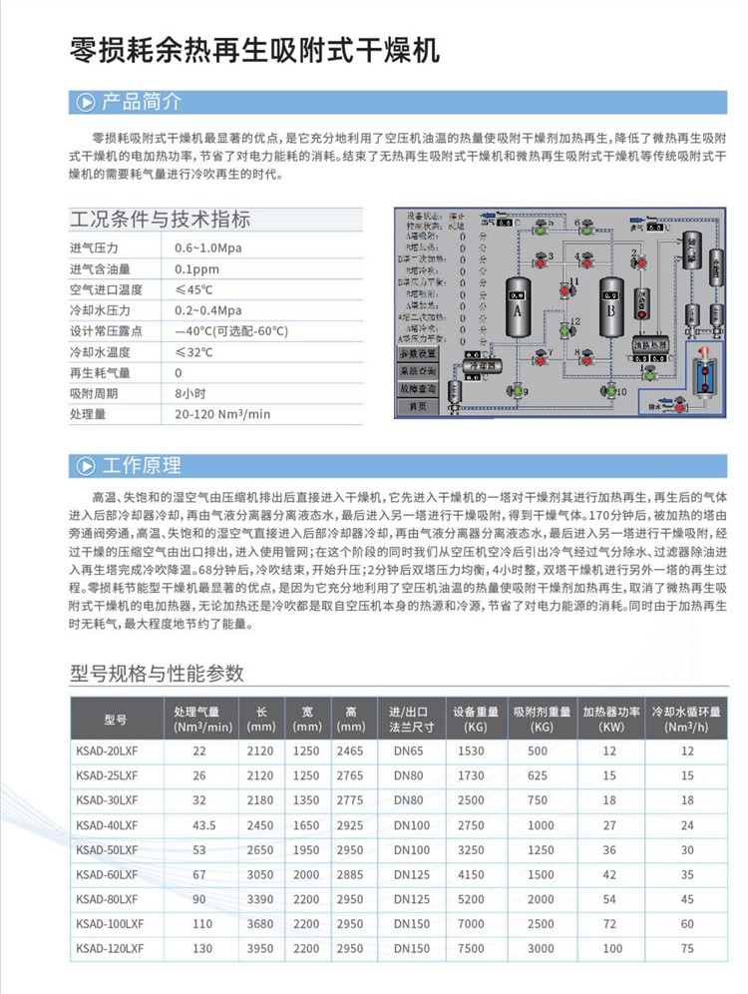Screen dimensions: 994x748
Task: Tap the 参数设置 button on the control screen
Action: click(x=418, y=353)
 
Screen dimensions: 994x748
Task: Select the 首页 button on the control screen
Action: click(x=418, y=406)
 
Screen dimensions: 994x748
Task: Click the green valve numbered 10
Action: click(x=610, y=392)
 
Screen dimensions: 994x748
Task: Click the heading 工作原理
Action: click(x=142, y=465)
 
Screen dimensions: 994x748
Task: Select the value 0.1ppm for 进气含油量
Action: click(x=196, y=269)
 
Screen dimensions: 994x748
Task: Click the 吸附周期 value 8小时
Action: click(x=191, y=392)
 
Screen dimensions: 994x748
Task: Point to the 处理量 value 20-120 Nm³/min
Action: click(x=221, y=414)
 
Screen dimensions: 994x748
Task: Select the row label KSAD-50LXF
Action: click(x=106, y=849)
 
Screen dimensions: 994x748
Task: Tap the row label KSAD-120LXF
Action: click(x=109, y=949)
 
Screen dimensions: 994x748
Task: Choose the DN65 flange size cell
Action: click(x=409, y=750)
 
